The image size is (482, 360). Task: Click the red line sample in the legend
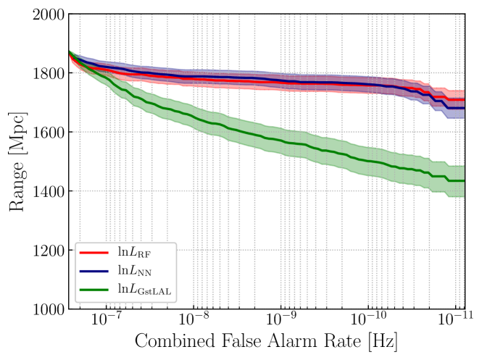[94, 253]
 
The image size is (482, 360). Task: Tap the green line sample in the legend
[94, 290]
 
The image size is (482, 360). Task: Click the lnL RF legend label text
[134, 253]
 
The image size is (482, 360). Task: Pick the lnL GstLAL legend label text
[144, 290]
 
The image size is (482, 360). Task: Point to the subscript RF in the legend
[144, 255]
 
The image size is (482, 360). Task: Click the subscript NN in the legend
[144, 274]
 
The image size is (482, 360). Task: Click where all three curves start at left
[70, 53]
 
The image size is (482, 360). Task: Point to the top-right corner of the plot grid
[465, 14]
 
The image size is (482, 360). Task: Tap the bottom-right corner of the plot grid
[465, 307]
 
